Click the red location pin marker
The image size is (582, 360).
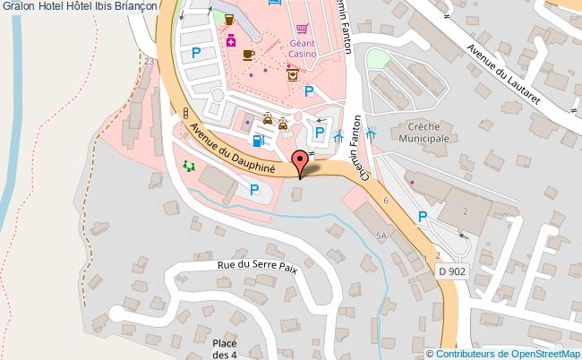300,162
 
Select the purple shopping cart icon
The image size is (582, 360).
304,30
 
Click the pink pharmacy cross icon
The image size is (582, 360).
231,39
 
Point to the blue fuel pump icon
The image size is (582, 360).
258,140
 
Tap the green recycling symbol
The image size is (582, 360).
188,166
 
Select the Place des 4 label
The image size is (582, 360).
225,348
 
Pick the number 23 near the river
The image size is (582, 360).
150,61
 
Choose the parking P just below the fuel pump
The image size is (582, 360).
254,189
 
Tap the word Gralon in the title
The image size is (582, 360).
17,6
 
